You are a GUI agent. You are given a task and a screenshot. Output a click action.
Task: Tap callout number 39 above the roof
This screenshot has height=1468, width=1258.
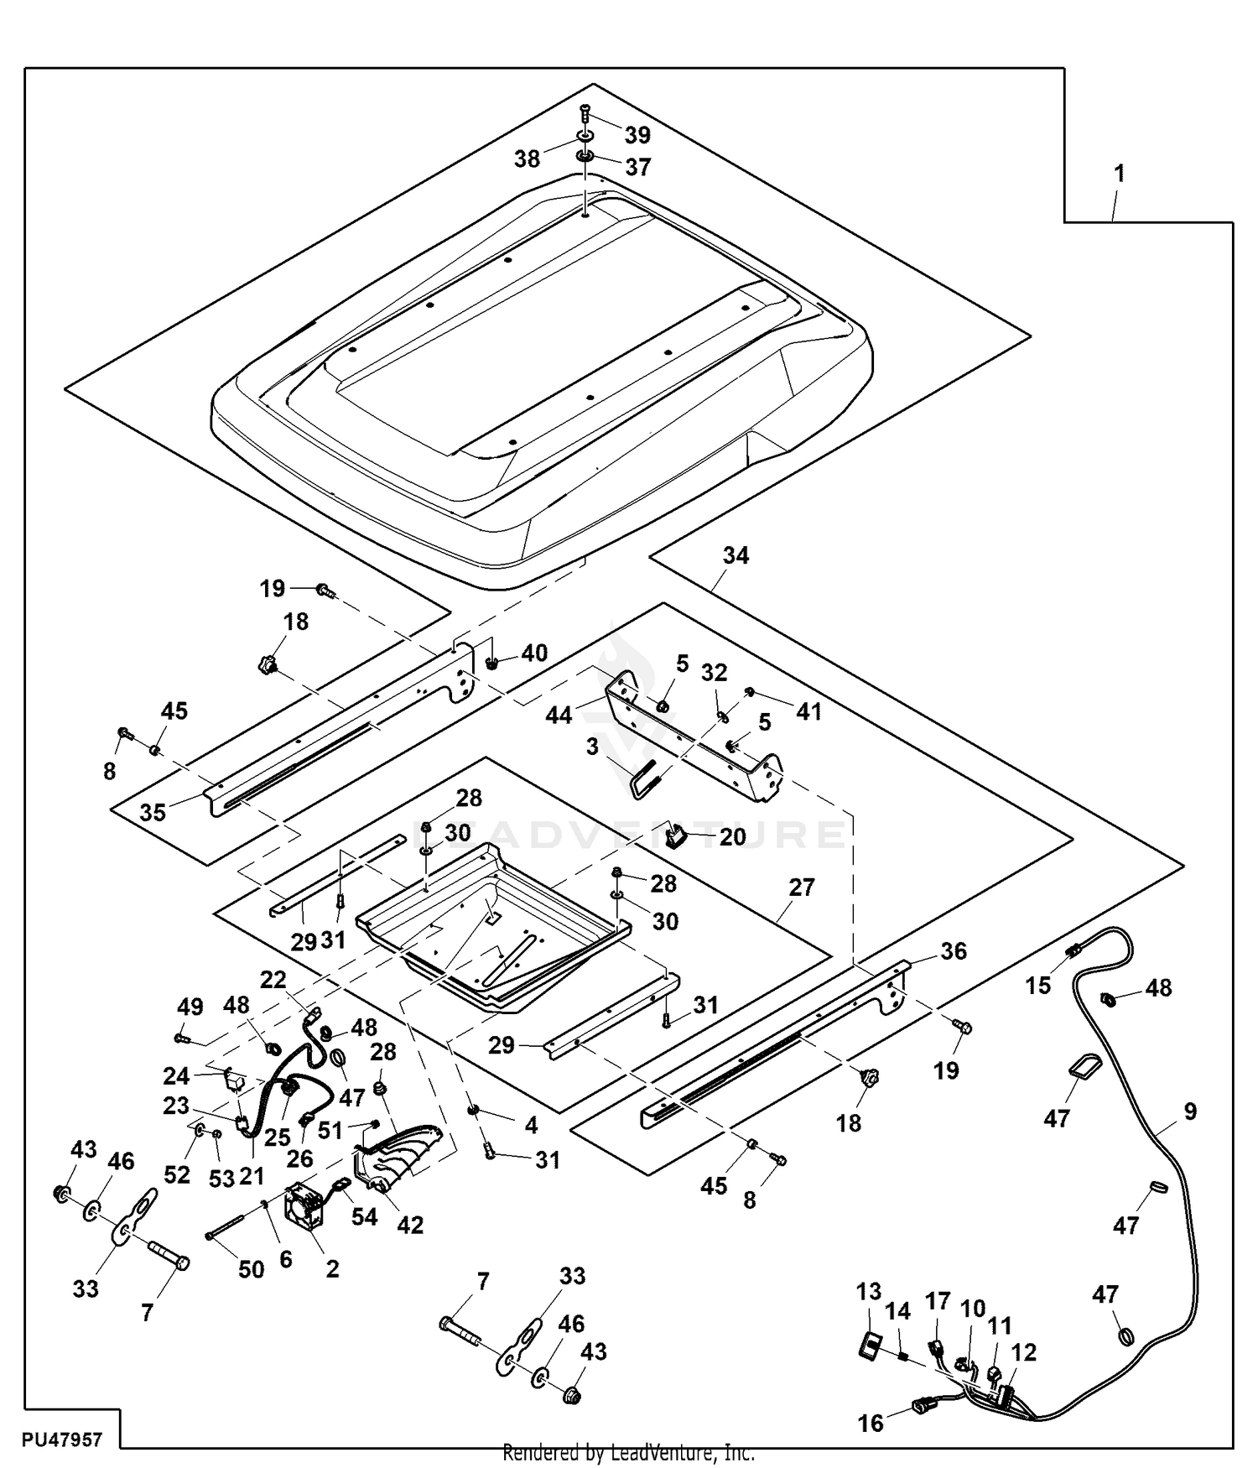[x=637, y=135]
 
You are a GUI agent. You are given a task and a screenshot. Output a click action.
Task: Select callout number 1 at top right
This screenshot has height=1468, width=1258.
[x=1119, y=174]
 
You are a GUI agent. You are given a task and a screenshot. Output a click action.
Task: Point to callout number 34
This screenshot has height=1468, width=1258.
[x=736, y=555]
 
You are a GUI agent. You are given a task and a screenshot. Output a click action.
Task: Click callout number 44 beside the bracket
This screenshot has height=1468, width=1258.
[x=559, y=715]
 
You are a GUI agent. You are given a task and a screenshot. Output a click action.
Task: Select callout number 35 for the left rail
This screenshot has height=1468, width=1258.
[x=153, y=812]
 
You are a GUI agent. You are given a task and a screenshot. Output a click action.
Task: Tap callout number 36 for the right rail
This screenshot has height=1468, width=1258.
[x=954, y=950]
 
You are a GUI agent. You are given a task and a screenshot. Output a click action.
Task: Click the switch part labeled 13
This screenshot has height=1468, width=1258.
[x=868, y=1347]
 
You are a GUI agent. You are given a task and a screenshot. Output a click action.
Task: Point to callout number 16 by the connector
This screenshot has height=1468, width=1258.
[x=871, y=1423]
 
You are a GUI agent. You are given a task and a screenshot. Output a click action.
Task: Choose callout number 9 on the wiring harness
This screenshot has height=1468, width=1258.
[x=1191, y=1111]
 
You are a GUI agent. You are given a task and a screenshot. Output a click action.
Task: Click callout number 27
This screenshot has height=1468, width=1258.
[x=802, y=887]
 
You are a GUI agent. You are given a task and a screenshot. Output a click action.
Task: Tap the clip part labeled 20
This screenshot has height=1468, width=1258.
[x=676, y=836]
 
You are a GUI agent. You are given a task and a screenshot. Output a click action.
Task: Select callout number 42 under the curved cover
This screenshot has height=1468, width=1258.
[x=410, y=1225]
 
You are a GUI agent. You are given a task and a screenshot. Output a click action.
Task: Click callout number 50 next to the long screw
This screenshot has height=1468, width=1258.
[x=252, y=1269]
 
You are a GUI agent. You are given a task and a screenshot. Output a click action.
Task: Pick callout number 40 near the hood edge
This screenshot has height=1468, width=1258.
[x=534, y=653]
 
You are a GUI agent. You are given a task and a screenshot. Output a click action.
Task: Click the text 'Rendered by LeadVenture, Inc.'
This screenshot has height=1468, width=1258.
[x=628, y=1453]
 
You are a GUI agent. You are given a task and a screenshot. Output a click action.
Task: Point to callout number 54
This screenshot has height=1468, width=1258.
[x=365, y=1216]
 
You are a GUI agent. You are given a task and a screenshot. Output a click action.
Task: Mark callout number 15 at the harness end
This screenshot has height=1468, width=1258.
[x=1037, y=985]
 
